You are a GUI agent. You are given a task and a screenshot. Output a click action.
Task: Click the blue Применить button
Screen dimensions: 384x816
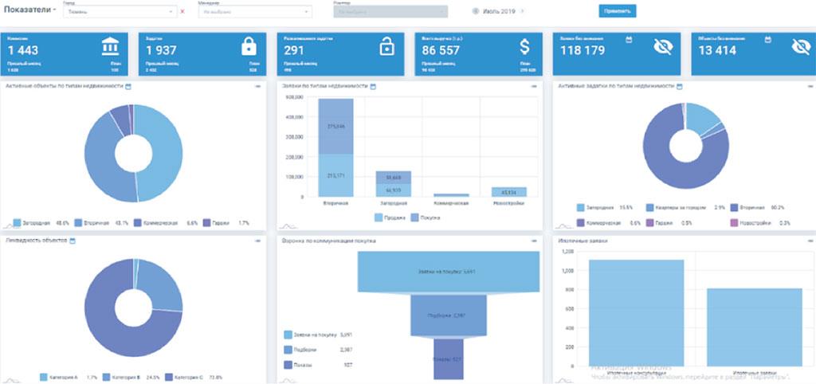(x=617, y=11)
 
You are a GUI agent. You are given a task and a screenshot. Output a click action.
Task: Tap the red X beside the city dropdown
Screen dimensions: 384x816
(x=182, y=12)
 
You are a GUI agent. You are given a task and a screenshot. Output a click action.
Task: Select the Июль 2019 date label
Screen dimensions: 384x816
(x=499, y=11)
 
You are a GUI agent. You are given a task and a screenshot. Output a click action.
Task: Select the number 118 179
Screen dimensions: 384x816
(x=581, y=51)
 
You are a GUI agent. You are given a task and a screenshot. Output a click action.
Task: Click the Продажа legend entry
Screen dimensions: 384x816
(x=388, y=217)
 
